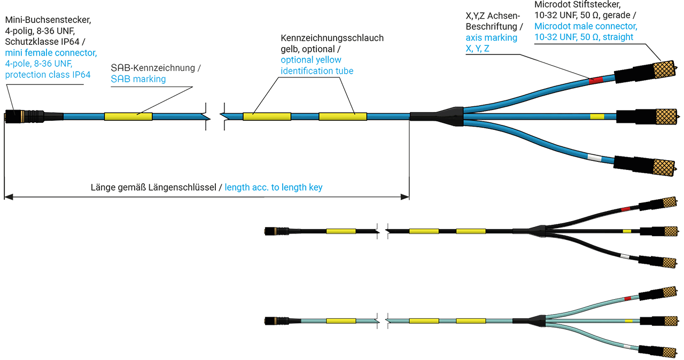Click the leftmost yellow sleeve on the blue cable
(128, 116)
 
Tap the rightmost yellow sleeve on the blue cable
(343, 116)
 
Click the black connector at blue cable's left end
(27, 116)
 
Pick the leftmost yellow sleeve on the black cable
(341, 231)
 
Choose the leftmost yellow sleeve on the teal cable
(341, 321)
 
